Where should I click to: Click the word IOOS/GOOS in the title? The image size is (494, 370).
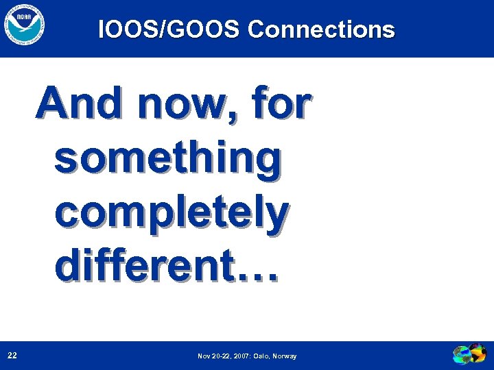click(x=169, y=29)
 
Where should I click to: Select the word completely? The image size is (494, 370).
click(x=171, y=214)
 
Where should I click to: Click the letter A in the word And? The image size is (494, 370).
click(x=53, y=105)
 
